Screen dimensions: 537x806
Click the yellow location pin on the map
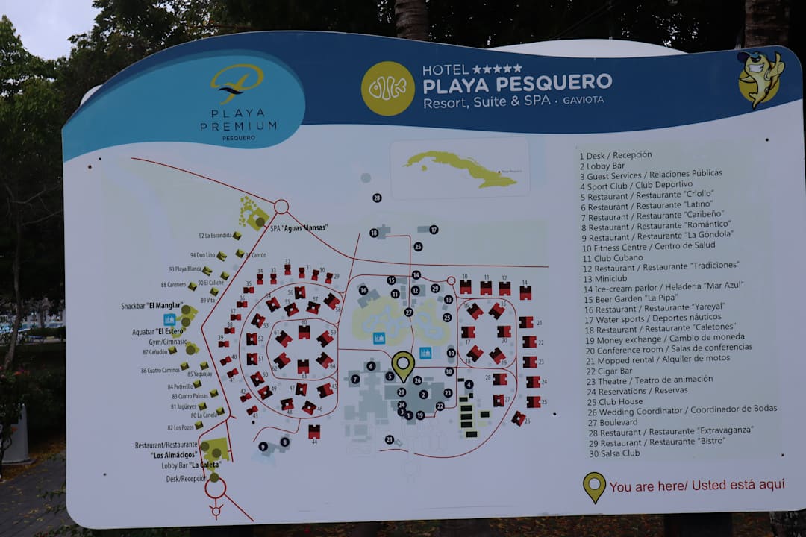(403, 365)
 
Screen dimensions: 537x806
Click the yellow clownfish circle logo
(387, 88)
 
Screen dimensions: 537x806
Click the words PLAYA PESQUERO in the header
(517, 83)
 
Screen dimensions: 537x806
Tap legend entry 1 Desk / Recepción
(619, 155)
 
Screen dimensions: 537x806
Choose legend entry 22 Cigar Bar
(610, 371)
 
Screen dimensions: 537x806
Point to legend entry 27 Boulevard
(613, 422)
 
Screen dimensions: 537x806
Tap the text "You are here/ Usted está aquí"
(697, 486)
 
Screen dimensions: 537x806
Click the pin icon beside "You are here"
(594, 486)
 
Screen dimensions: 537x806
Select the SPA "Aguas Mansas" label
(299, 227)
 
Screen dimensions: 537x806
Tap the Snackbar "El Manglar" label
(152, 305)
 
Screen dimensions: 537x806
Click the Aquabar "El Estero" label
(157, 330)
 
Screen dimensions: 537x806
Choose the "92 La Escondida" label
(215, 236)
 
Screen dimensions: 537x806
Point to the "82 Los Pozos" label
(183, 427)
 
